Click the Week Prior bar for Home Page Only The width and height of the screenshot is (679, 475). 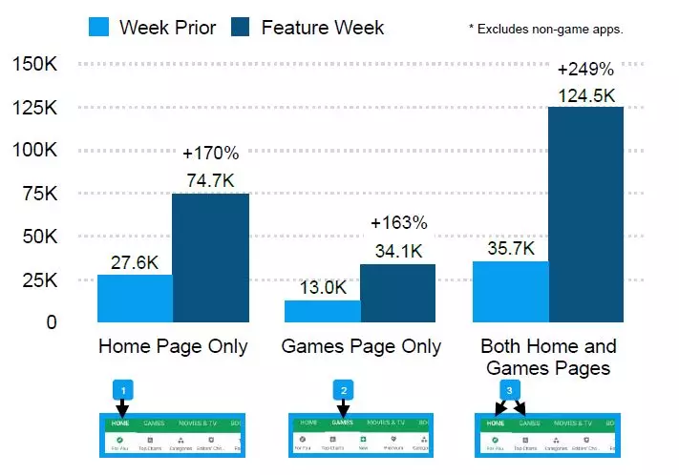[135, 299]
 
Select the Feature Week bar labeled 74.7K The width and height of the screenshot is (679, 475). [210, 258]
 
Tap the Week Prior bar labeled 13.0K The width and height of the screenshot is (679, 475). [322, 311]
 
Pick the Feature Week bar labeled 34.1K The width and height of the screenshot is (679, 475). [397, 293]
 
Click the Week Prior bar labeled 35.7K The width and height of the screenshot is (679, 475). [510, 291]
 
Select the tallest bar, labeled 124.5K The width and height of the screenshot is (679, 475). [585, 215]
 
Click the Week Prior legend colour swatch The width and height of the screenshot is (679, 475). [97, 27]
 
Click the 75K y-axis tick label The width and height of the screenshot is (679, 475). [38, 194]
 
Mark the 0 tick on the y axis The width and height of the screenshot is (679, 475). [51, 322]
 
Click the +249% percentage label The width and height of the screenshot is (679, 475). [585, 70]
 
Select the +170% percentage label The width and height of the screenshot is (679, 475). [210, 154]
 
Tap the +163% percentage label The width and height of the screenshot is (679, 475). [398, 224]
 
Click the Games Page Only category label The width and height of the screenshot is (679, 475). [361, 346]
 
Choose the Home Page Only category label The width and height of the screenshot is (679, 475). [173, 346]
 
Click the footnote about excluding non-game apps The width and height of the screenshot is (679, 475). [545, 30]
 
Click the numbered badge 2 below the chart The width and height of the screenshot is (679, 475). [343, 390]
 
